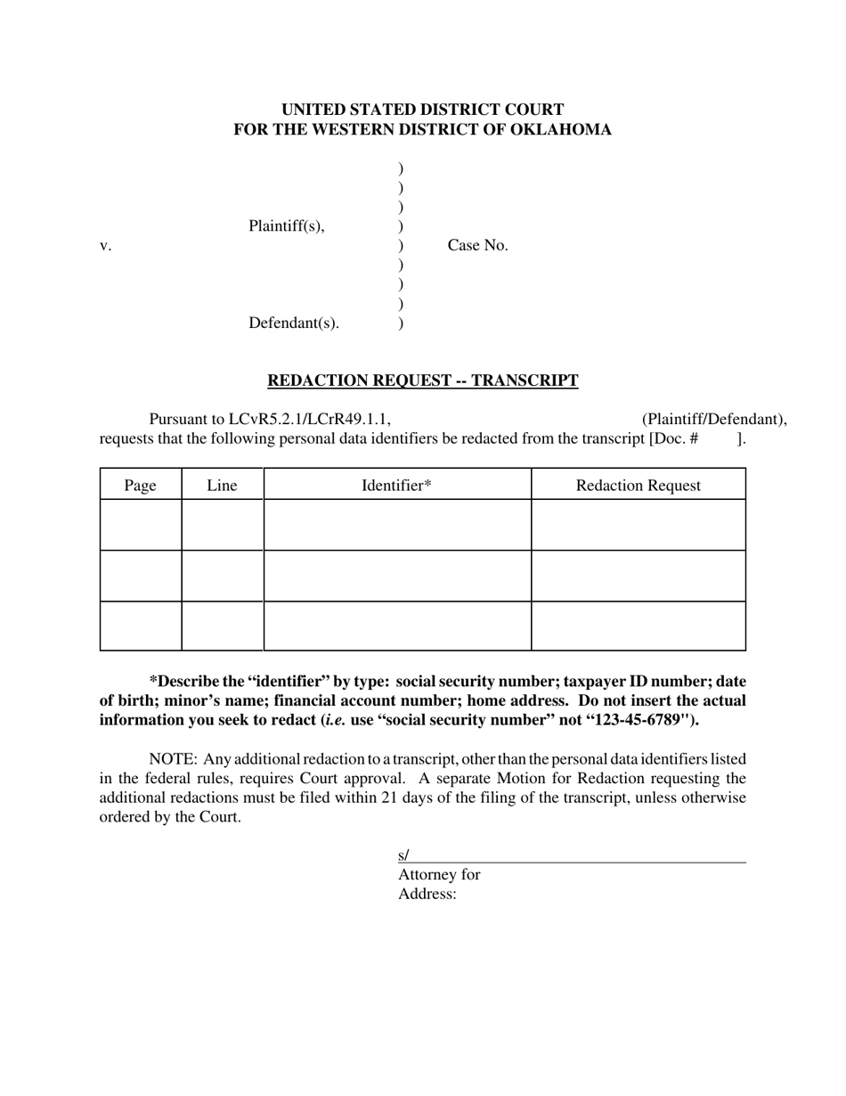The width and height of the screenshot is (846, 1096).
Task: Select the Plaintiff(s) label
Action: coord(286,226)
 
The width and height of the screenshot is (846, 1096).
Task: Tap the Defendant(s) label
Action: coord(293,323)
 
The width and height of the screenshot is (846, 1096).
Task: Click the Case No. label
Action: coord(477,246)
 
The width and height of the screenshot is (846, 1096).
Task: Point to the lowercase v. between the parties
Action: coord(105,246)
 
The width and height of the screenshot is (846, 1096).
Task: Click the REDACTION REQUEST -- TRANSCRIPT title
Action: coord(422,381)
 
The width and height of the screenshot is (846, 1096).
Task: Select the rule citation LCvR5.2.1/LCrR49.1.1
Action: coord(309,420)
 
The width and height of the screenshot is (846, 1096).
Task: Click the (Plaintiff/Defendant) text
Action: coord(713,420)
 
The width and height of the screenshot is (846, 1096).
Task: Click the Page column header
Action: coord(140,486)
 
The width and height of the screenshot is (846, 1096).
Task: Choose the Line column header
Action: coord(222,486)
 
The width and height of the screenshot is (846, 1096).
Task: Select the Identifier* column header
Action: coord(396,486)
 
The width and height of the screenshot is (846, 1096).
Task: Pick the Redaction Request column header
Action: coord(638,486)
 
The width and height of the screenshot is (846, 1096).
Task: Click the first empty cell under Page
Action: coord(140,525)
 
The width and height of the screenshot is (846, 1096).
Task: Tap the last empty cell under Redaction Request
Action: coord(638,626)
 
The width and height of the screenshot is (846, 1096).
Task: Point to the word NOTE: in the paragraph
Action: coord(173,759)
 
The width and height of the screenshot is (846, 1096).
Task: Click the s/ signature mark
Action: coord(403,855)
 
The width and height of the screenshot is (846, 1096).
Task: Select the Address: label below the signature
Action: coord(427,895)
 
